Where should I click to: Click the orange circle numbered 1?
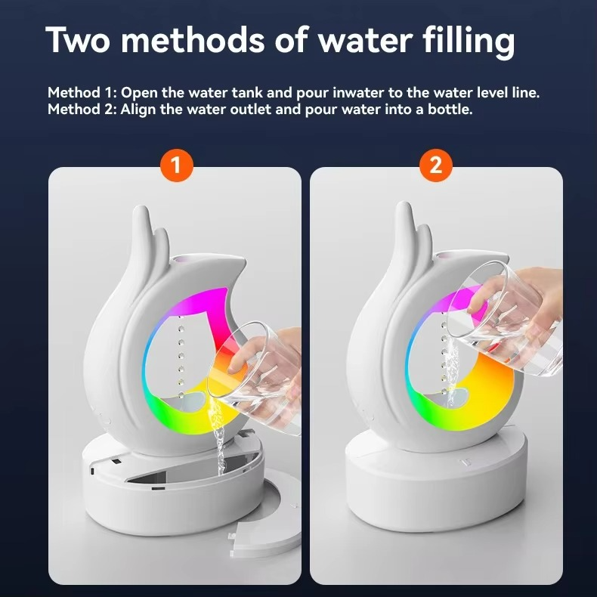[x=176, y=165]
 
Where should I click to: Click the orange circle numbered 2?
[x=436, y=165]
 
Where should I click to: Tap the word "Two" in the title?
[x=78, y=40]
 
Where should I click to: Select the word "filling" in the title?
[x=469, y=42]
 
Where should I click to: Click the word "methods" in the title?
[x=192, y=39]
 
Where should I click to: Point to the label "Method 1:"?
[x=82, y=92]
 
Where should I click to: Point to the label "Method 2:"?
[x=82, y=110]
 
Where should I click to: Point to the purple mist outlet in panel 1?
[x=178, y=260]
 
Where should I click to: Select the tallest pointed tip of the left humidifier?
[x=141, y=208]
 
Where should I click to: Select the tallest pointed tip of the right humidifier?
[x=404, y=204]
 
